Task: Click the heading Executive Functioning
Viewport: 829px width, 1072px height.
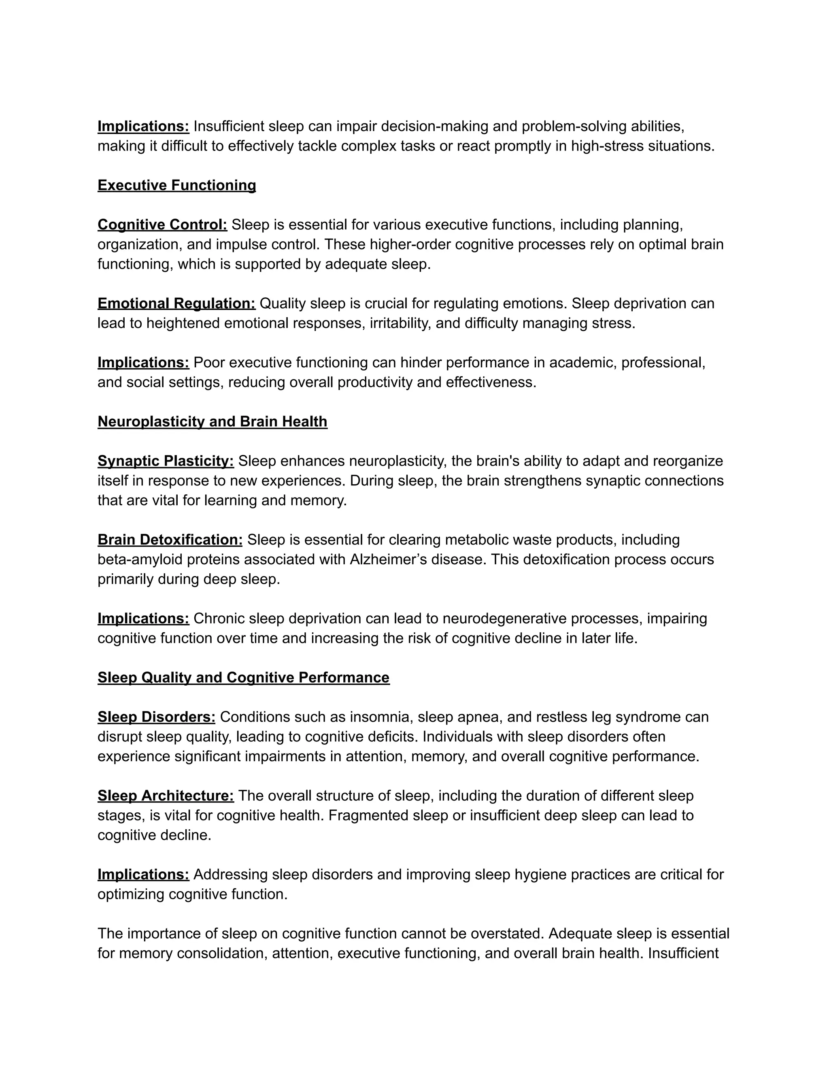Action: (177, 186)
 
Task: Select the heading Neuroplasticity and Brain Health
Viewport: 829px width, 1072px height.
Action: (212, 422)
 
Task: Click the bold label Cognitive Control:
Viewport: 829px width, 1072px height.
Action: (162, 225)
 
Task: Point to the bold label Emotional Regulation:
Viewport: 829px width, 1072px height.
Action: (176, 303)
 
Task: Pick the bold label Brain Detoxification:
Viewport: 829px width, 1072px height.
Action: (170, 540)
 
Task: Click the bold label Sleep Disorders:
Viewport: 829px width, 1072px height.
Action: (156, 717)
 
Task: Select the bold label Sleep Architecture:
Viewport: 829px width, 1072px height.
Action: (166, 796)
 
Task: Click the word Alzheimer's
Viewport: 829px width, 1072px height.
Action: (388, 559)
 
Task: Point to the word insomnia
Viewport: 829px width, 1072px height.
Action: (379, 717)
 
